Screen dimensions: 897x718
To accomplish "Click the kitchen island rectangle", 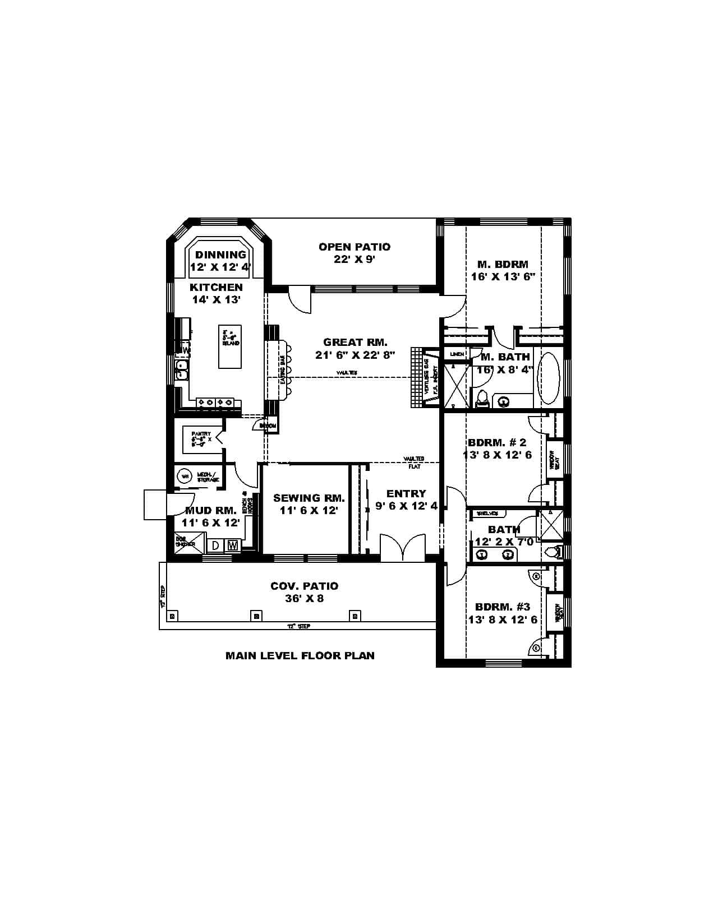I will (230, 346).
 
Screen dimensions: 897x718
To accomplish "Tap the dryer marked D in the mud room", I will (215, 545).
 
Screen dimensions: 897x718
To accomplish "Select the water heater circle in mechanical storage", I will (185, 477).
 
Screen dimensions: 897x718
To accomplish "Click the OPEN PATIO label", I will (355, 247).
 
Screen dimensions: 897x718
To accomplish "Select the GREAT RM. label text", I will (355, 342).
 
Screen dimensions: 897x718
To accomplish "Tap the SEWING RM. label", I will (309, 498).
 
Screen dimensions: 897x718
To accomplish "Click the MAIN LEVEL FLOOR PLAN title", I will (300, 655).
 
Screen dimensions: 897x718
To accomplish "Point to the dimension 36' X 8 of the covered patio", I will (305, 599).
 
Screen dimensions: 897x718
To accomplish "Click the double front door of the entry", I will (403, 548).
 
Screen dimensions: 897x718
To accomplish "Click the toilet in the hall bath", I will (553, 552).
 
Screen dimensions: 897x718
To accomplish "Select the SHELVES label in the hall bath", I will (487, 514).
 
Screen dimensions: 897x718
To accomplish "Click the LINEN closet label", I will (457, 354).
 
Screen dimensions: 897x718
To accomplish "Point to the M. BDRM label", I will (503, 264).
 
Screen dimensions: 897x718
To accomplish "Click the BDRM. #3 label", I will (503, 607).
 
